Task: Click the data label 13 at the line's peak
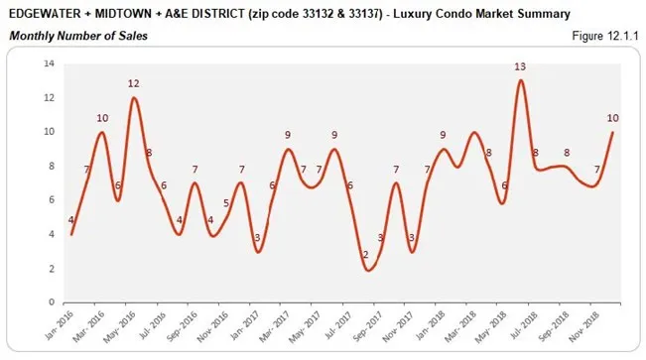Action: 520,66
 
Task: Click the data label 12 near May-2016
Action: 133,83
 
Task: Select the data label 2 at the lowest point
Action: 365,255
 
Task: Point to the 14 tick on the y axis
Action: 48,63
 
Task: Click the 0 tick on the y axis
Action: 51,302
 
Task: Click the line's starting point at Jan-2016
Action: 71,234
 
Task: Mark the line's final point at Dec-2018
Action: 613,132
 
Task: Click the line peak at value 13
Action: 520,81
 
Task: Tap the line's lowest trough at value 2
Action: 367,269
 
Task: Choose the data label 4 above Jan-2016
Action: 69,220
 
